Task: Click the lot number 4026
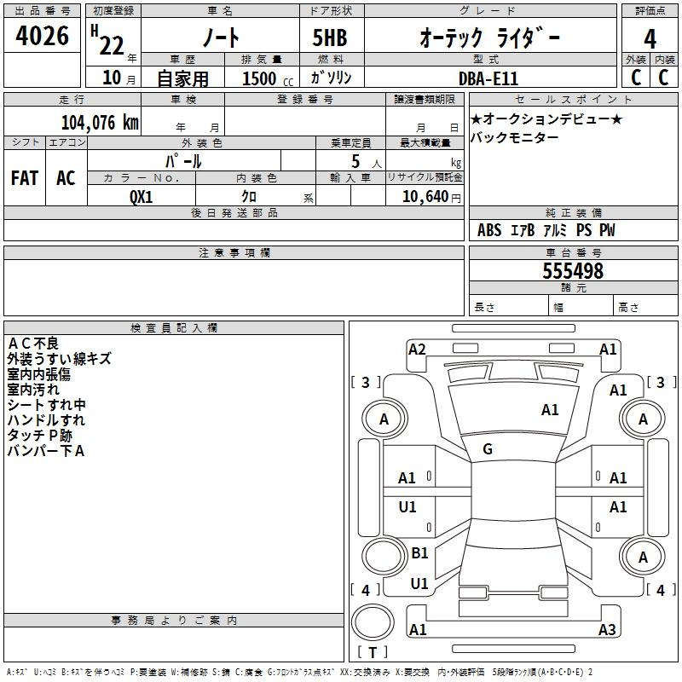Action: (42, 36)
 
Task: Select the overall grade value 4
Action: (650, 38)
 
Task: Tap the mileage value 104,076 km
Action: (100, 122)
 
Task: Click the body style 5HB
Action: (330, 38)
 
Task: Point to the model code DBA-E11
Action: (488, 78)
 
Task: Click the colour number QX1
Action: (141, 197)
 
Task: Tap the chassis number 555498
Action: (573, 271)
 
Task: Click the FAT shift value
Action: (25, 178)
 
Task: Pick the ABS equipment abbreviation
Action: (489, 229)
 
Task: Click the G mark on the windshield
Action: (488, 449)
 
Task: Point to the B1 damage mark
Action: (419, 552)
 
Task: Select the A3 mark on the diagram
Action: (607, 629)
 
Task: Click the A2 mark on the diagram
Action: (417, 350)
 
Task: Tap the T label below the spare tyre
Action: (373, 652)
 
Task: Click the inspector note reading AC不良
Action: (33, 344)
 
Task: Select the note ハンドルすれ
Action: (46, 419)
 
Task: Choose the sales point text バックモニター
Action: (515, 137)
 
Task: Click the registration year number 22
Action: (112, 45)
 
